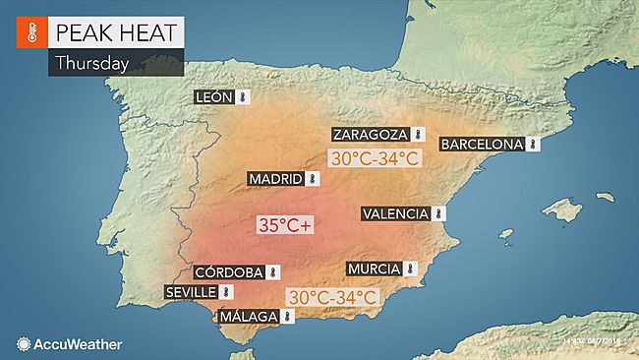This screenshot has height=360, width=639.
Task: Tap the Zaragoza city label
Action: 371,135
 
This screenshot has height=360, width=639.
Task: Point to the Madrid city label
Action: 275,179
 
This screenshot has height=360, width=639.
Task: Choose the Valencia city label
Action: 395,213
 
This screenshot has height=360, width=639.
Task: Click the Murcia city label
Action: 375,269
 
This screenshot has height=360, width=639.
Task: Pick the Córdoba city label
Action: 228,272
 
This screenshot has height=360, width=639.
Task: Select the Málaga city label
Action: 247,316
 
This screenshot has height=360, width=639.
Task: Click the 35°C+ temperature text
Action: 284,225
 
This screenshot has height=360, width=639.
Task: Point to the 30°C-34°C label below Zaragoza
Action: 375,157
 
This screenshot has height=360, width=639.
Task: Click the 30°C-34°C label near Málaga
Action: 332,296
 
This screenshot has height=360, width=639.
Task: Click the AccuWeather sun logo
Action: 23,343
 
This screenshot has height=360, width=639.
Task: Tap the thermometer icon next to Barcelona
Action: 533,144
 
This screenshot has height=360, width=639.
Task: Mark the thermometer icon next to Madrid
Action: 313,179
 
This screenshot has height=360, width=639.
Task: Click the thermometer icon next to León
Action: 243,97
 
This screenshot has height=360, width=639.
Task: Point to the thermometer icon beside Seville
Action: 226,292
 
